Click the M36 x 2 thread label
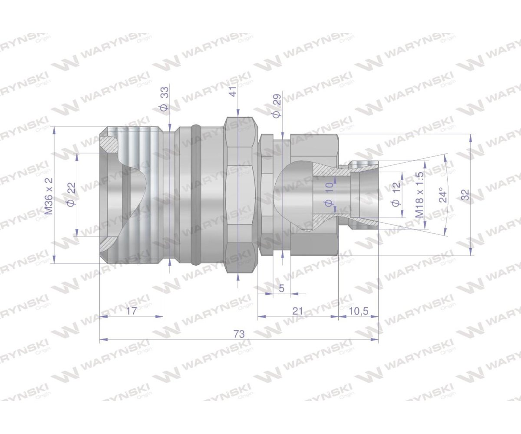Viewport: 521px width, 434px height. pos(49,196)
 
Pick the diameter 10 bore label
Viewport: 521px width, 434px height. pos(329,194)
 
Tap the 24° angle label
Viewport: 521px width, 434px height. pos(442,195)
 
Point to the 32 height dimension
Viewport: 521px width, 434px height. pos(465,195)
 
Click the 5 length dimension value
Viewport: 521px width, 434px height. pos(281,288)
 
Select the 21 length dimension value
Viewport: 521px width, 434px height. pos(298,311)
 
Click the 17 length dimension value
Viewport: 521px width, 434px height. pos(132,311)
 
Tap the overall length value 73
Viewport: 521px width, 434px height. pos(239,334)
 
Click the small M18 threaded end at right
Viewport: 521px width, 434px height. pos(365,194)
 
